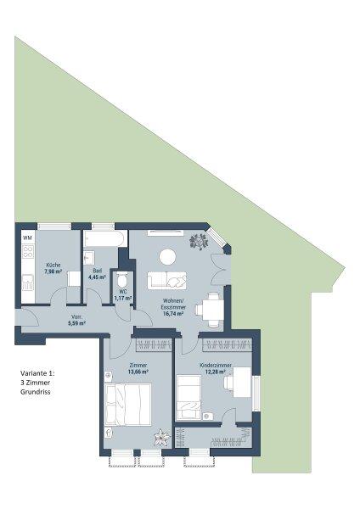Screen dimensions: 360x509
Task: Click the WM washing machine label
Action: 28,238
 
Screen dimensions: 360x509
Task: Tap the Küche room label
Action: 53,265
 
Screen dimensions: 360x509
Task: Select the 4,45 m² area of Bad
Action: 98,277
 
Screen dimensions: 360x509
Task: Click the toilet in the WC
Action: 122,280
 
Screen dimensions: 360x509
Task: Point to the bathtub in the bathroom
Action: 104,239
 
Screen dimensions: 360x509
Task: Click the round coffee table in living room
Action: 167,257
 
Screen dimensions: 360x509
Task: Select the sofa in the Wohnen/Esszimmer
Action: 167,281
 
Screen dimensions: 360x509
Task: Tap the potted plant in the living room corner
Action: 199,241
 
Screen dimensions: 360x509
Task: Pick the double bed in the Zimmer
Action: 128,404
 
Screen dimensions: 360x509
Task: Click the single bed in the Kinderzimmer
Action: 188,397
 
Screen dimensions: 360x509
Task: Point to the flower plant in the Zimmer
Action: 162,438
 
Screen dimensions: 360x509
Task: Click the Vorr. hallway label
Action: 76,317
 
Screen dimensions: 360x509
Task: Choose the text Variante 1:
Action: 37,373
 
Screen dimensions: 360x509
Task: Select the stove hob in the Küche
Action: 28,252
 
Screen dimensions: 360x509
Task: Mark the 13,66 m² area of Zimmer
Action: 138,372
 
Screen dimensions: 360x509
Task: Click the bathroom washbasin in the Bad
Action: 88,258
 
